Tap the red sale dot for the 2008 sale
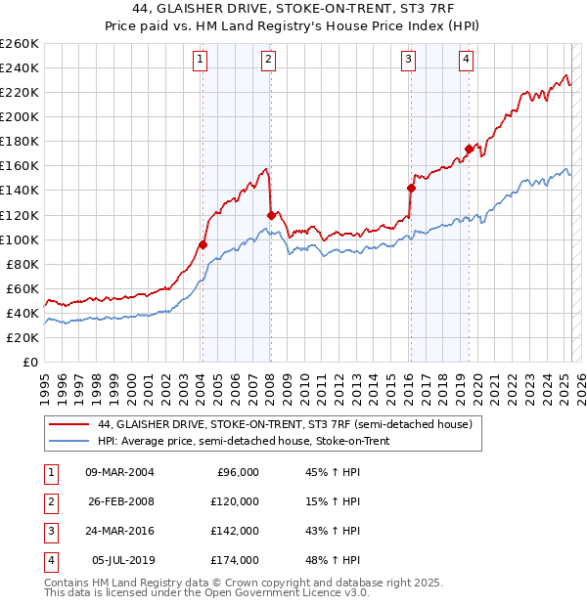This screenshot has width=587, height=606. click(x=270, y=214)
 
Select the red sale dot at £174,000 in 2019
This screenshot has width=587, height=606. click(x=469, y=149)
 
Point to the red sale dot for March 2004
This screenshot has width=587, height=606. click(x=203, y=244)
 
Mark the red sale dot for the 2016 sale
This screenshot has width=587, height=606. click(x=411, y=188)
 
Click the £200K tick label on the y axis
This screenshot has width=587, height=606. click(x=19, y=116)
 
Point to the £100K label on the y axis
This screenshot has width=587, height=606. click(x=19, y=239)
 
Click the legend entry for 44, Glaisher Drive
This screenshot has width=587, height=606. click(x=285, y=424)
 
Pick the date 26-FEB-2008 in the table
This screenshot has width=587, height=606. click(x=119, y=500)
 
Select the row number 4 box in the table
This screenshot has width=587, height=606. click(x=49, y=560)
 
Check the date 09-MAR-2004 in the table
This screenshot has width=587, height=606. click(x=119, y=471)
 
